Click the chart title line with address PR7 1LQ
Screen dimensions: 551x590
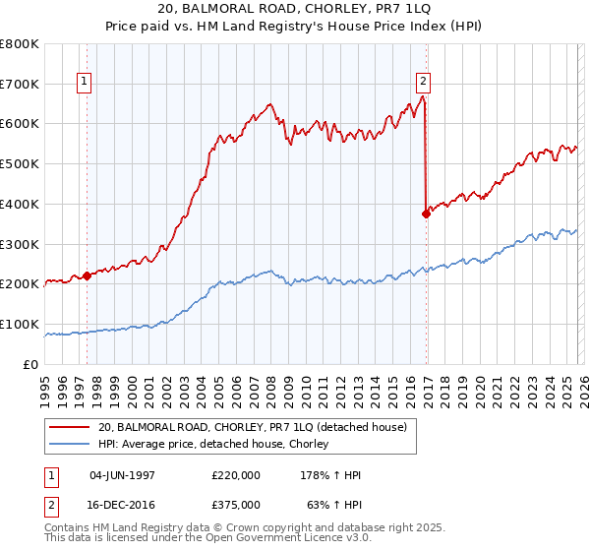294,10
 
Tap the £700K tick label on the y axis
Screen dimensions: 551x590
20,84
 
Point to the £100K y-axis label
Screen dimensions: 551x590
20,324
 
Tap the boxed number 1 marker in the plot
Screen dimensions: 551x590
86,83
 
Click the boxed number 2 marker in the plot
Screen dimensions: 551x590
423,83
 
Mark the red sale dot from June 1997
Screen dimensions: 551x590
87,275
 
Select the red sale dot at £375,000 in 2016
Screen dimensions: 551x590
426,214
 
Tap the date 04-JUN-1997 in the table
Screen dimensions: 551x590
129,475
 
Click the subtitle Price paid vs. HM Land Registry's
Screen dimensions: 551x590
294,27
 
